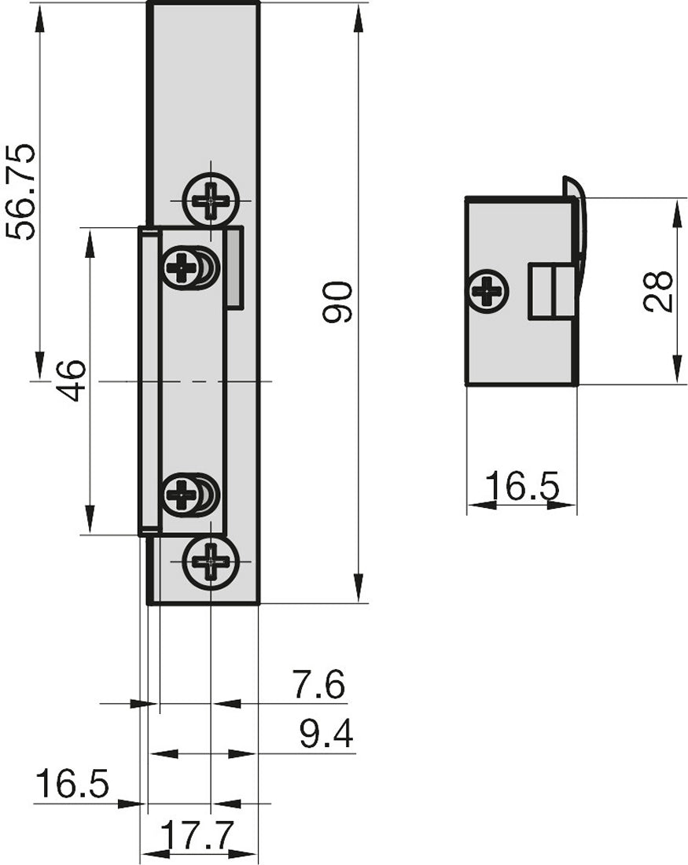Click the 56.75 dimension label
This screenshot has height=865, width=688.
point(20,192)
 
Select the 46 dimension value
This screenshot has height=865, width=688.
point(72,381)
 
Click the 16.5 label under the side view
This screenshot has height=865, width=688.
point(521,487)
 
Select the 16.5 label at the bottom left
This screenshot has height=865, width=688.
point(72,785)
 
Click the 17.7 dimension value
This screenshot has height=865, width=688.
point(197,835)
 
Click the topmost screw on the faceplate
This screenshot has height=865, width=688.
point(211,200)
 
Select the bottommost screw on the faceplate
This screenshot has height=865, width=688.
point(211,561)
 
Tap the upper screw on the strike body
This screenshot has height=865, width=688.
point(184,268)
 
